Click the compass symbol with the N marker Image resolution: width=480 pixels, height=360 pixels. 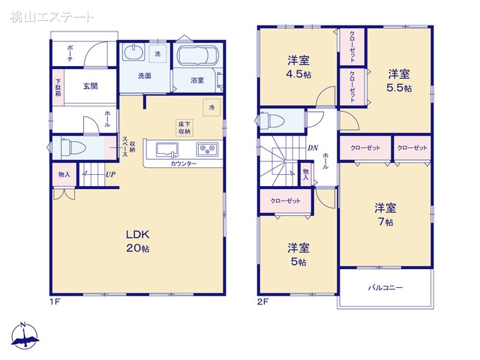[x=25, y=335]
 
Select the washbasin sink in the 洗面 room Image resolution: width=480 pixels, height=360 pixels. [x=133, y=52]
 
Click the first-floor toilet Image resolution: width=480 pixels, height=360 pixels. [x=73, y=148]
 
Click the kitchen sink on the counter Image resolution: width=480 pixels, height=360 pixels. [x=167, y=150]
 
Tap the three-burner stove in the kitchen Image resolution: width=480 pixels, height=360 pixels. [x=207, y=150]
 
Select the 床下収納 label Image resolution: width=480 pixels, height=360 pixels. [x=184, y=127]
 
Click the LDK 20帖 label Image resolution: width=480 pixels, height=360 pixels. [x=138, y=241]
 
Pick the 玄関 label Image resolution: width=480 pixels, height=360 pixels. [x=90, y=86]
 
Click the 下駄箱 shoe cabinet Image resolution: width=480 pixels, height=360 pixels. [x=58, y=88]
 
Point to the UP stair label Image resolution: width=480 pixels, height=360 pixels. [x=110, y=175]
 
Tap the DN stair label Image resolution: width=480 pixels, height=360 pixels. [x=313, y=148]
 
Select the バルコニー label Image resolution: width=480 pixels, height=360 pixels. [x=385, y=288]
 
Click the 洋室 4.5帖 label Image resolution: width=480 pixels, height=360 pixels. [x=298, y=67]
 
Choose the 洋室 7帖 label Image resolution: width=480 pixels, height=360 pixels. [x=385, y=214]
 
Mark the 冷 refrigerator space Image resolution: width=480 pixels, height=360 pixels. [x=211, y=107]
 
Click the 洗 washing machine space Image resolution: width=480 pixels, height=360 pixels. [x=157, y=54]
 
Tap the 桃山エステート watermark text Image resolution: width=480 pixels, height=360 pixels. [x=52, y=17]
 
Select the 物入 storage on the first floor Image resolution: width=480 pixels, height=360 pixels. [x=64, y=175]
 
